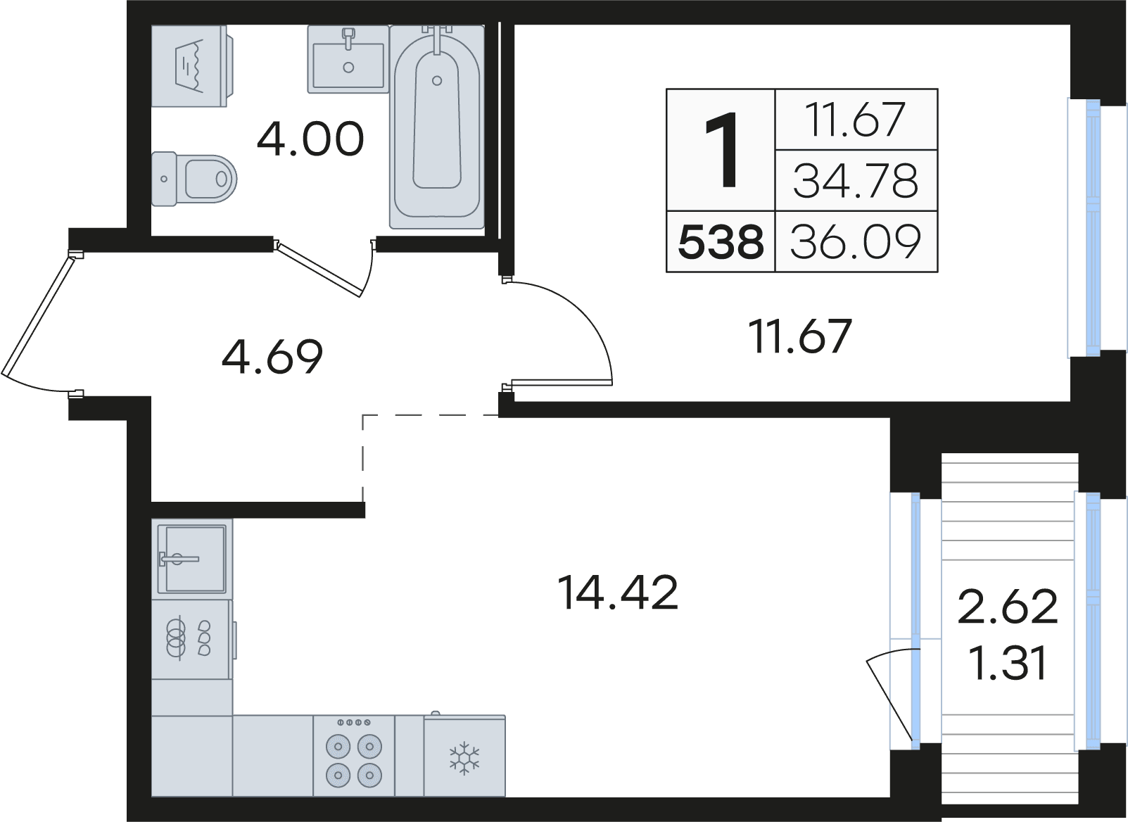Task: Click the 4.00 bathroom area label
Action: coord(310,139)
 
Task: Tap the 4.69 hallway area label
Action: coord(272,357)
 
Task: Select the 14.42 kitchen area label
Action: coord(619,593)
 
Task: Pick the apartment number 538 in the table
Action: coord(721,242)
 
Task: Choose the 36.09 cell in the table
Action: coord(856,242)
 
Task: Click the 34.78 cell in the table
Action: coord(856,181)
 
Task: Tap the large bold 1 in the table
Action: coord(721,150)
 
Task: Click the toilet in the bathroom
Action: coord(194,179)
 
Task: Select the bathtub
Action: coord(437,127)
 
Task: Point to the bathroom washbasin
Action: coord(348,60)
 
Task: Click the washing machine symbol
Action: coord(192,66)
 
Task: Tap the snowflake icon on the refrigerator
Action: coord(465,757)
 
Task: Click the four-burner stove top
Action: coord(354,756)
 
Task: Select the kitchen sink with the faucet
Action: coord(192,559)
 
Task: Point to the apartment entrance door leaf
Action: coord(37,315)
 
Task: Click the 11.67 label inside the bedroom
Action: coord(800,336)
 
